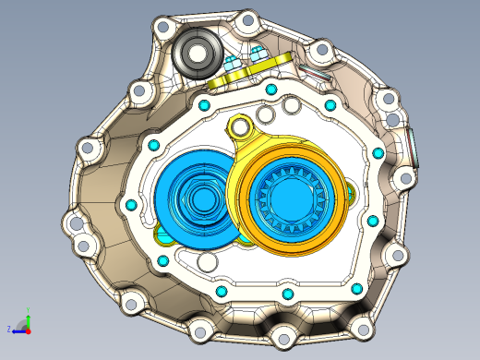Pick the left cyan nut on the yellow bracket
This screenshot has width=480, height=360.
tap(231, 65)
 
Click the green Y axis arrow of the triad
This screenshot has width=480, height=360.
tap(29, 318)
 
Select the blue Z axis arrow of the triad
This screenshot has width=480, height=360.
tap(20, 329)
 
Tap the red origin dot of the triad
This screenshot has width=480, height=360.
tap(29, 329)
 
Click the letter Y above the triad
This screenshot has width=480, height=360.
tap(29, 310)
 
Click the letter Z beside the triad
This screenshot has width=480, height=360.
tap(9, 329)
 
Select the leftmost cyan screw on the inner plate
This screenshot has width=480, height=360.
tap(130, 204)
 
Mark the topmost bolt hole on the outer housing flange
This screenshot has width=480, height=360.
tap(246, 19)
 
